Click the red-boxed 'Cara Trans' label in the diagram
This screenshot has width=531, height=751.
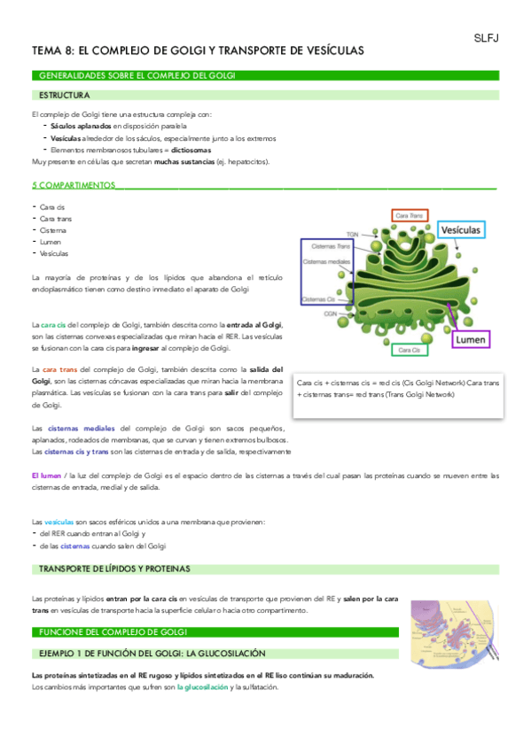tap(409, 215)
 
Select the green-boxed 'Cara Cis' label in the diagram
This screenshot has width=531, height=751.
tap(409, 351)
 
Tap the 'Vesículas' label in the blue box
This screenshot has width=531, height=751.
tap(461, 230)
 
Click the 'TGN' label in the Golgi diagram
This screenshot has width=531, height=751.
tap(353, 234)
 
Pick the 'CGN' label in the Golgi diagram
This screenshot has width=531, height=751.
tap(330, 314)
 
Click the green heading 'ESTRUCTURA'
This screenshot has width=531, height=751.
tap(64, 94)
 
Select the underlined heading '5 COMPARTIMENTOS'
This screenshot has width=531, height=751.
tap(73, 186)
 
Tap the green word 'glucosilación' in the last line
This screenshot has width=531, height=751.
tap(203, 686)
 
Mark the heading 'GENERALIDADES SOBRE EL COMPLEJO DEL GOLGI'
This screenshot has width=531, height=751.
tap(134, 76)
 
